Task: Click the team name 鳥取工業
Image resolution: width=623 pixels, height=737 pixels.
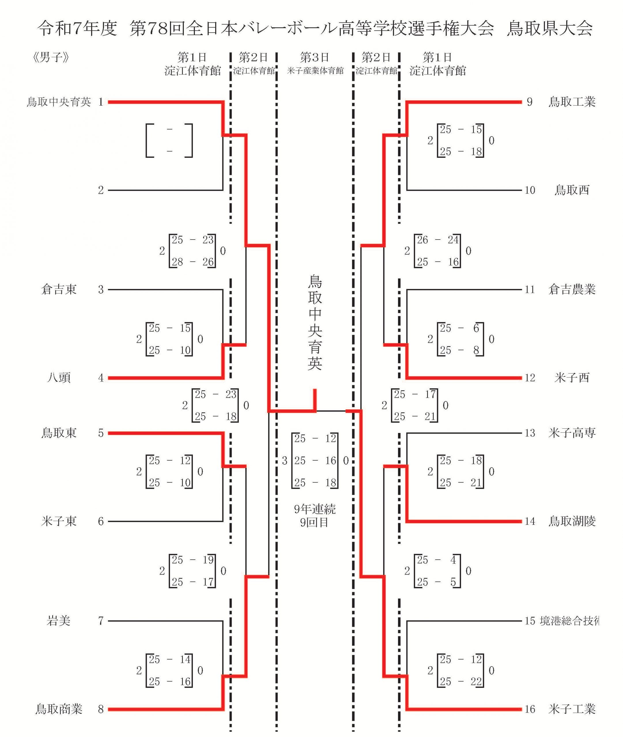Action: pyautogui.click(x=572, y=102)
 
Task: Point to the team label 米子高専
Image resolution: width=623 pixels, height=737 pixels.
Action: pyautogui.click(x=572, y=433)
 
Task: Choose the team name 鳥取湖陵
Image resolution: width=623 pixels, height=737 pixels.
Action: pyautogui.click(x=572, y=521)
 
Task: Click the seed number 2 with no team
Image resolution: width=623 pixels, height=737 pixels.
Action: pyautogui.click(x=101, y=191)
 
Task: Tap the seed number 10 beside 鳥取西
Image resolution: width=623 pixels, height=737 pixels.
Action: pyautogui.click(x=530, y=191)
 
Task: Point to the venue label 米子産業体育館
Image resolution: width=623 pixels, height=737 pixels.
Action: pyautogui.click(x=315, y=71)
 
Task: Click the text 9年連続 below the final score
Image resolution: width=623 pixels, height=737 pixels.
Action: pyautogui.click(x=315, y=509)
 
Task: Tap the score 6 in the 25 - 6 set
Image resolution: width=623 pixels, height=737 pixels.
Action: pyautogui.click(x=476, y=328)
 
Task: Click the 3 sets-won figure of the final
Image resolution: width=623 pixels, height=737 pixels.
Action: pyautogui.click(x=285, y=461)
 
